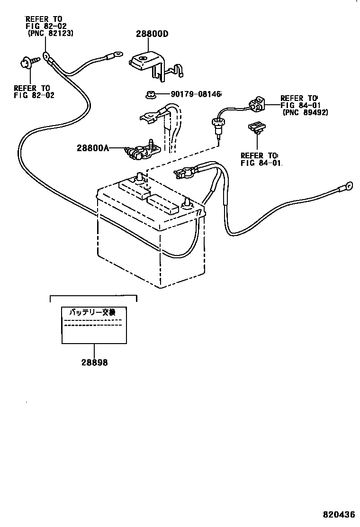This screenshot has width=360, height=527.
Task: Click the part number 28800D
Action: pyautogui.click(x=152, y=34)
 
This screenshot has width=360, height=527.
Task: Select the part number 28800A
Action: pyautogui.click(x=93, y=148)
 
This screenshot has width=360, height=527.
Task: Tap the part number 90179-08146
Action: pyautogui.click(x=196, y=94)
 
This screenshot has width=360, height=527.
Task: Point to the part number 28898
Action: pyautogui.click(x=94, y=363)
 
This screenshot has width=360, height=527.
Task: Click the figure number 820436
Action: pyautogui.click(x=340, y=514)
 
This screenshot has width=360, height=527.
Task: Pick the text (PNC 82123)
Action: pyautogui.click(x=50, y=34)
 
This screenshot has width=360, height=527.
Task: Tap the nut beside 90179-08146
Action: pyautogui.click(x=148, y=94)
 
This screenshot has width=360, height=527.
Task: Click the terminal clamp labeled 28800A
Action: pyautogui.click(x=140, y=150)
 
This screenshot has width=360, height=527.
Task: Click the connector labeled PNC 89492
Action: pyautogui.click(x=255, y=104)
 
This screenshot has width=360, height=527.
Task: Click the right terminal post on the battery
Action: pyautogui.click(x=186, y=202)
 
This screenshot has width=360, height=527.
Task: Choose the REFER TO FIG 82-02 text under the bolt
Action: pyautogui.click(x=34, y=91)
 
